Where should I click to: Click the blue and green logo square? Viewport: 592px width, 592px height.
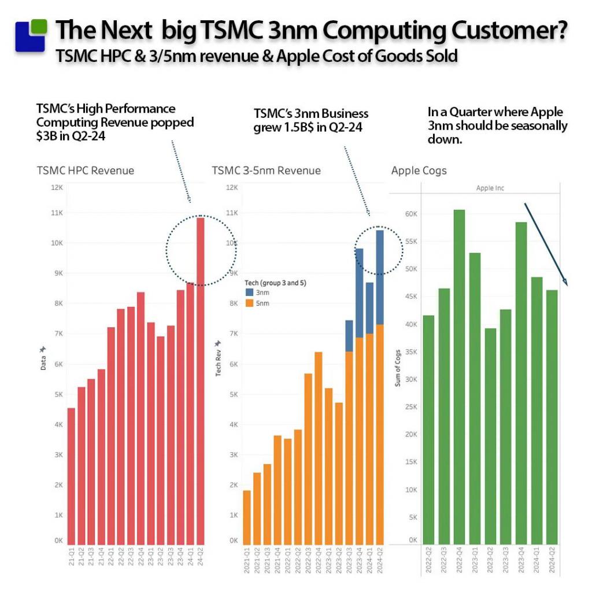[31, 36]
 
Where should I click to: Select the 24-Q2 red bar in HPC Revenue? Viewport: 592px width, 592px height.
[200, 382]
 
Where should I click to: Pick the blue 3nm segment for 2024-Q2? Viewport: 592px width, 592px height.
[380, 277]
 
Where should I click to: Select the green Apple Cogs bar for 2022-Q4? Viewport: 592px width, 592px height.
[459, 376]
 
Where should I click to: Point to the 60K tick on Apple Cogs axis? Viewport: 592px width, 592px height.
[410, 214]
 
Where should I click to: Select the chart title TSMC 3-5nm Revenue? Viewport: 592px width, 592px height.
[266, 171]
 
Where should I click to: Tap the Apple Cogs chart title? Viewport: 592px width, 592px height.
[419, 171]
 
